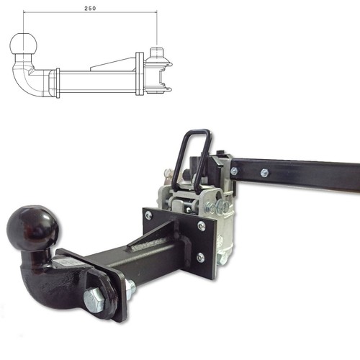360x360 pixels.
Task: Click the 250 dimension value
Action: [90, 9]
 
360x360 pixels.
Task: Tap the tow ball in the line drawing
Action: [24, 44]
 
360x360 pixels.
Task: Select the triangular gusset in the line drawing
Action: [112, 64]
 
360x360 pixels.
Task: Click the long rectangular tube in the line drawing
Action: [97, 81]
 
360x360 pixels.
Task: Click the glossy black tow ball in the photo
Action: [32, 228]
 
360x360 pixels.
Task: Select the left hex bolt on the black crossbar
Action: [234, 171]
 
